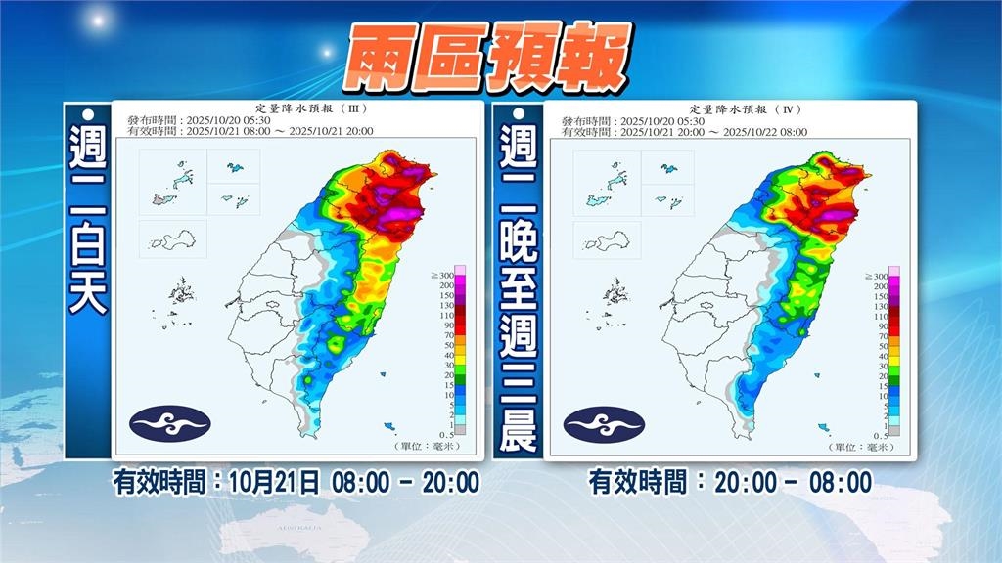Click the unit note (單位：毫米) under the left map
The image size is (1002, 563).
439,445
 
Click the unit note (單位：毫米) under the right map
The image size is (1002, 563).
873,445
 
